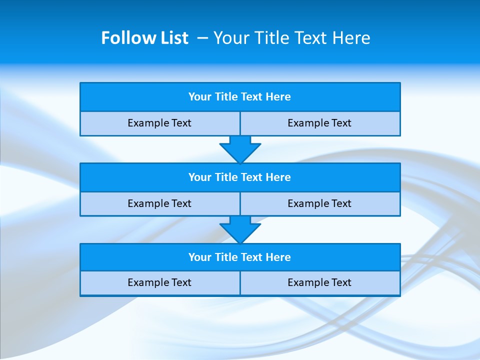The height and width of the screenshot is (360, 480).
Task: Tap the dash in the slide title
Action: point(202,38)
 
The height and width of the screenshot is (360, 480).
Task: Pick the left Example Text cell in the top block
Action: point(159,123)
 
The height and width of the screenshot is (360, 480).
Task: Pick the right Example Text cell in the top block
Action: point(319,123)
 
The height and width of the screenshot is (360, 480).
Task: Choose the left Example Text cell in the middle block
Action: point(159,203)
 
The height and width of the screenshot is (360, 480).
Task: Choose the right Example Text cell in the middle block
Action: point(319,203)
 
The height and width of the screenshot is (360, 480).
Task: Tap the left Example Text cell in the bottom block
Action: point(159,282)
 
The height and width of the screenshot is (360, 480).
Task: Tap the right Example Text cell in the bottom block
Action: point(319,282)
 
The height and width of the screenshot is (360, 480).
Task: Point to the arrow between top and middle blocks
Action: point(240,149)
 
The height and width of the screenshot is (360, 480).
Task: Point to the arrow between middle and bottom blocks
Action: point(240,230)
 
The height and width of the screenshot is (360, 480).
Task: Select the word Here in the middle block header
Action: point(278,177)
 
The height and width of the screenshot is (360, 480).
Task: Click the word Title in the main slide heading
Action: point(268,38)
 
